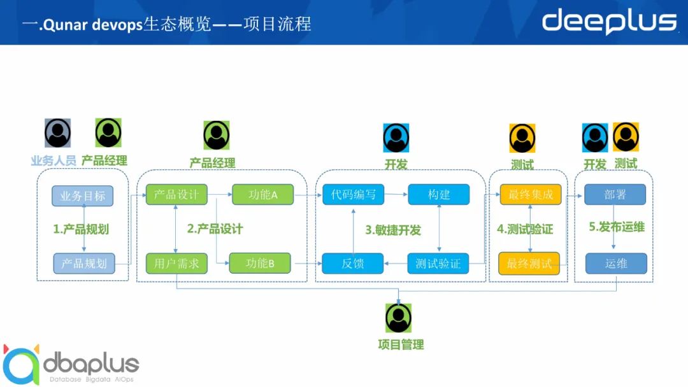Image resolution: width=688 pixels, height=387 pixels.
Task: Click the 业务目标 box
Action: pyautogui.click(x=83, y=195)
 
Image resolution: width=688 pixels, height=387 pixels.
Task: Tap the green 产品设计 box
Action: pyautogui.click(x=176, y=194)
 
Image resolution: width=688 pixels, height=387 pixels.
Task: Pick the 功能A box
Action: pyautogui.click(x=262, y=195)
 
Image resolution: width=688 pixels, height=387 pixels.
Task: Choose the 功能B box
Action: pyautogui.click(x=259, y=263)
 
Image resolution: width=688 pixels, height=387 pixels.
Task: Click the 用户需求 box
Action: pyautogui.click(x=176, y=263)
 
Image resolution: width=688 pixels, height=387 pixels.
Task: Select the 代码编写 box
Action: pyautogui.click(x=353, y=195)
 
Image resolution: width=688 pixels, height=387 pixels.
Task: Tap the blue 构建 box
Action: pyautogui.click(x=438, y=195)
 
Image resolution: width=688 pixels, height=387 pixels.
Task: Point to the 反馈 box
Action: pyautogui.click(x=352, y=263)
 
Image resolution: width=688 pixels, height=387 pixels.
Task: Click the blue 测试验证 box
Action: pyautogui.click(x=438, y=263)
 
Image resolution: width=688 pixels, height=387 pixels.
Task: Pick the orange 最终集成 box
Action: pyautogui.click(x=531, y=195)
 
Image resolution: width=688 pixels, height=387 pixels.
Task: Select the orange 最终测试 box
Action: pyautogui.click(x=529, y=263)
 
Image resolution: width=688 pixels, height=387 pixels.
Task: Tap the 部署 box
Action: pyautogui.click(x=615, y=195)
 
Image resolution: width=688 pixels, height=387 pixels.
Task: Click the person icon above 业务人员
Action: pyautogui.click(x=58, y=133)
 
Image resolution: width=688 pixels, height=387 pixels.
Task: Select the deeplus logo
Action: pyautogui.click(x=608, y=21)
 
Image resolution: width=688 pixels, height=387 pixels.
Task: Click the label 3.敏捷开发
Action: pyautogui.click(x=393, y=230)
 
